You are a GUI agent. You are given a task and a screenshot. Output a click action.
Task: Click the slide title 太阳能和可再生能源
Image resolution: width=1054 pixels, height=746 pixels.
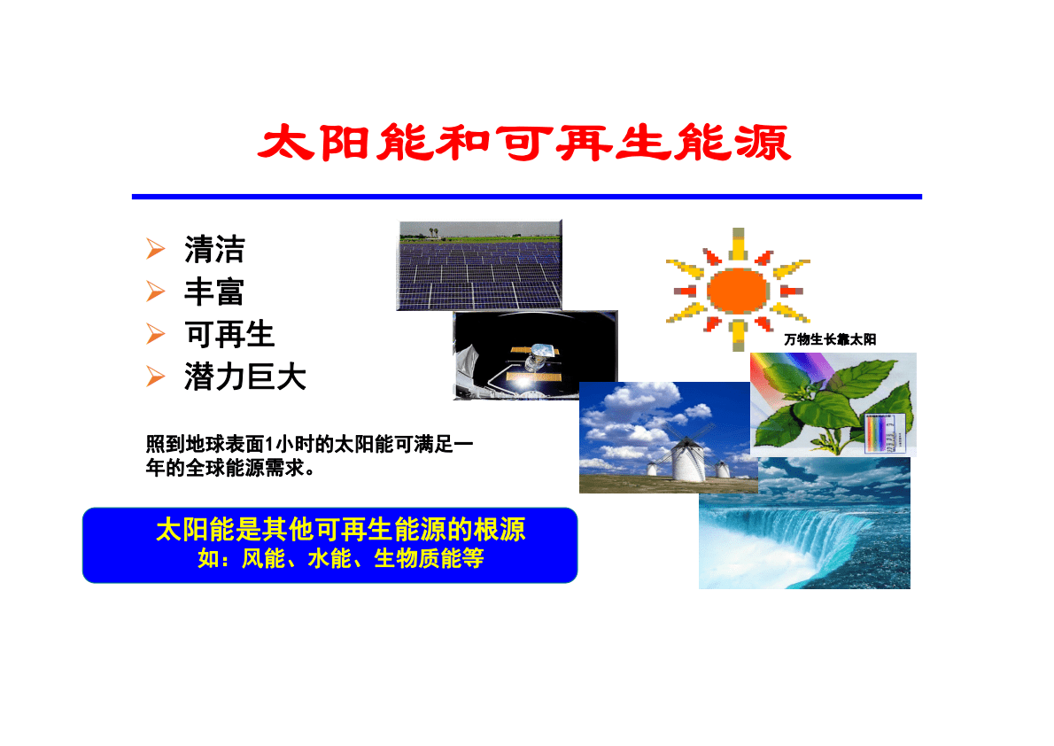click(524, 143)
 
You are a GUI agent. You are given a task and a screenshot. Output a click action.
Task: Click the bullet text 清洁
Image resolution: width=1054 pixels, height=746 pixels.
click(214, 250)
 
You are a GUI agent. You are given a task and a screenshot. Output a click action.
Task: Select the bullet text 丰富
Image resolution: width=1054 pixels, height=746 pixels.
click(214, 292)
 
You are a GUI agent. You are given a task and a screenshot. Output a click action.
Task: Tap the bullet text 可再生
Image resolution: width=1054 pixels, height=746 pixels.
click(229, 335)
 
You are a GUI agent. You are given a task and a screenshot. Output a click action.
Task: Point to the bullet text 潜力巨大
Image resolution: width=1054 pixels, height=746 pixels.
click(245, 377)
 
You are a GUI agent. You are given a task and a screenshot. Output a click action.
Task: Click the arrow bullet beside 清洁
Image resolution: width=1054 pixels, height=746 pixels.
click(156, 250)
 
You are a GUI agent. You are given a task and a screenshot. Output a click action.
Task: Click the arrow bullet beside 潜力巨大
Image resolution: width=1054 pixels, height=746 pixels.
click(156, 377)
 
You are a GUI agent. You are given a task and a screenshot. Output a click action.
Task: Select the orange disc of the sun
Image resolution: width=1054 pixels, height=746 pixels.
click(737, 289)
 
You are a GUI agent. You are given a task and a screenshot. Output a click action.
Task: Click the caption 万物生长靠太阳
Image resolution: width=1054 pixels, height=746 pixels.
click(830, 339)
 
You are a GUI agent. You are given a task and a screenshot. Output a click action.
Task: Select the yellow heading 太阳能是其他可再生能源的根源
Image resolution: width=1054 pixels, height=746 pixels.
click(340, 530)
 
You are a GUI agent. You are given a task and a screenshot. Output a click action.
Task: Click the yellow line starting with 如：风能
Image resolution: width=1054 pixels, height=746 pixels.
click(340, 560)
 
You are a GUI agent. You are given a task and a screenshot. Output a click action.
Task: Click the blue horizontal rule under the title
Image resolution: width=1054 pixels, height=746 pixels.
click(526, 197)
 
